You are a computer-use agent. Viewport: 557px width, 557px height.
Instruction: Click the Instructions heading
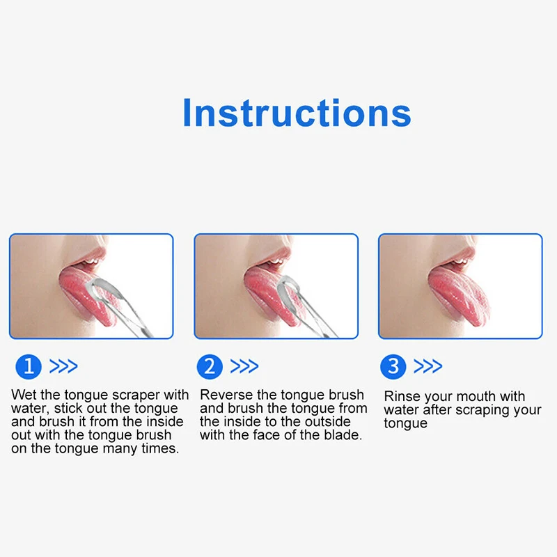point(297,112)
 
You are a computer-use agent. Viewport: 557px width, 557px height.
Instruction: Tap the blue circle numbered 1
point(28,366)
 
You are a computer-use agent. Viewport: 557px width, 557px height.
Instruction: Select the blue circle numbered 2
point(210,366)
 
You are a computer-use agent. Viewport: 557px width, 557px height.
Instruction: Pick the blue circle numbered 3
point(393,366)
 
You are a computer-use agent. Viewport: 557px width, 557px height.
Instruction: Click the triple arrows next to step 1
point(63,366)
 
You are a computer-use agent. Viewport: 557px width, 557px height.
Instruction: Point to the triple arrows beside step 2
point(244,366)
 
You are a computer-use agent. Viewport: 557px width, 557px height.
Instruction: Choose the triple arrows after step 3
point(427,366)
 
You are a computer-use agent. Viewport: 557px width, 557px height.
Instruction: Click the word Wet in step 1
point(24,395)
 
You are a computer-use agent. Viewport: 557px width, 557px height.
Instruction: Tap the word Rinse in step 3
point(402,397)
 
